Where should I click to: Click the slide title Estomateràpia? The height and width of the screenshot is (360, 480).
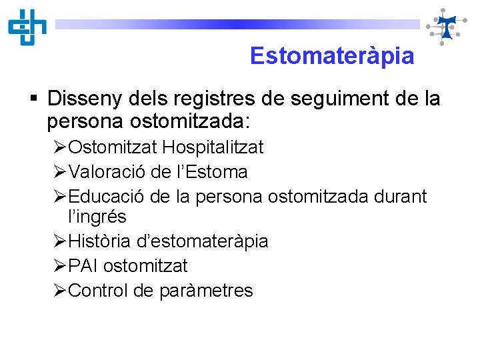pos(331,56)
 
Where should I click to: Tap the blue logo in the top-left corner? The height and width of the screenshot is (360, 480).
pos(27,27)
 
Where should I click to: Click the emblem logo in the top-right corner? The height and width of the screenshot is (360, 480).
pos(445,27)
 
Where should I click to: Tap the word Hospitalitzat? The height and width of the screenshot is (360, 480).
pos(213,147)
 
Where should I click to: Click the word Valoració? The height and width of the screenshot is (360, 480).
pos(107,172)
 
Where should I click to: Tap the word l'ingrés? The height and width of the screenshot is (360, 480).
pos(97,217)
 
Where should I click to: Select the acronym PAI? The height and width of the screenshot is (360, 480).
pos(84,266)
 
